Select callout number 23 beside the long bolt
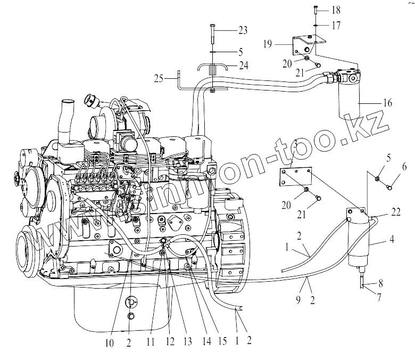243,31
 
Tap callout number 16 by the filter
387,103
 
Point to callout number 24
243,65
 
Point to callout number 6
404,167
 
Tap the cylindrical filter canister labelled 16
349,101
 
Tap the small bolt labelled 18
316,9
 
